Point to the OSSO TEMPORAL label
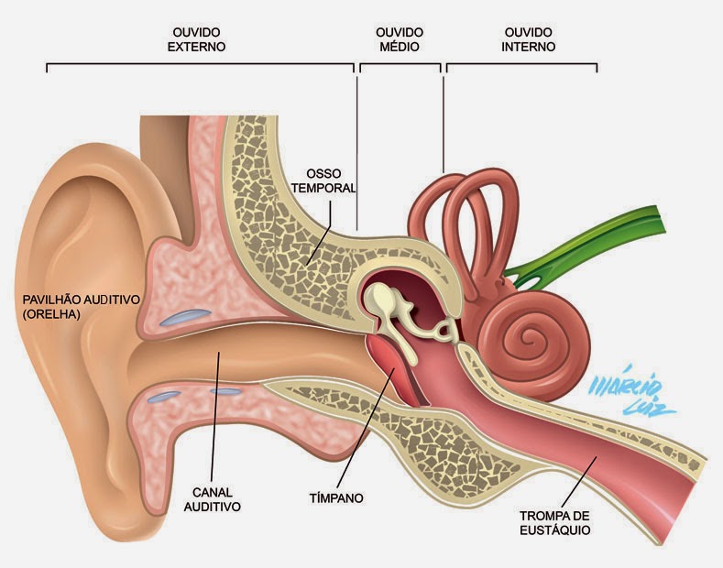tap(330, 180)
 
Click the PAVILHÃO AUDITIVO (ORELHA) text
tap(82, 306)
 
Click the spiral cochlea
tap(527, 339)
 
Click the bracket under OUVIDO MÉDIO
tap(400, 66)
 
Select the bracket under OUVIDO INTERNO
tap(521, 66)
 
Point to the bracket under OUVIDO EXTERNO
tap(199, 66)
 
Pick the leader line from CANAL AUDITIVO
tap(215, 412)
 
